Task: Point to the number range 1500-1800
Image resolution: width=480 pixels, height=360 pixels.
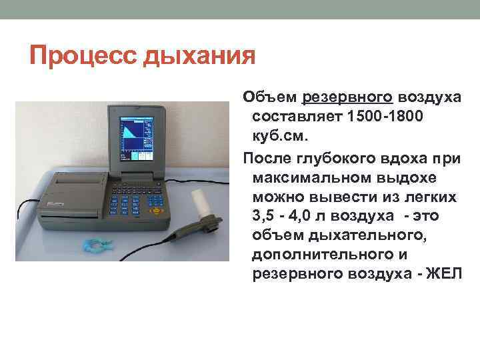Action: (383, 117)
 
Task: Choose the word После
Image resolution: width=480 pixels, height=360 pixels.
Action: (267, 158)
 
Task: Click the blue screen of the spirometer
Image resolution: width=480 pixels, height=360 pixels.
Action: (136, 140)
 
